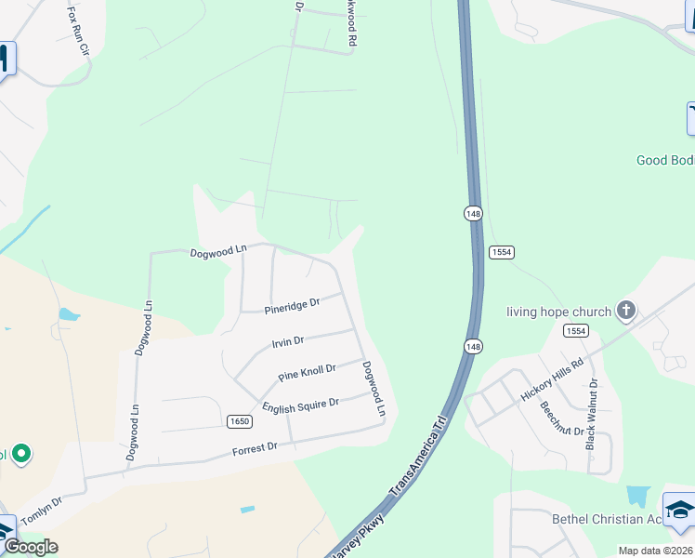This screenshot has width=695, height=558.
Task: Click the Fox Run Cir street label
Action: [78, 33]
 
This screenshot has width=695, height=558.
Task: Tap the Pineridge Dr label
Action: [292, 304]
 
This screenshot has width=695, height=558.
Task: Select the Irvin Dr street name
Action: [287, 342]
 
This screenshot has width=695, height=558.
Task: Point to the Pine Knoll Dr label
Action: [307, 373]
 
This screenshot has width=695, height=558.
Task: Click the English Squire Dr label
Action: [300, 406]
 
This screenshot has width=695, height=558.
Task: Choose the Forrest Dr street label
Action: [255, 448]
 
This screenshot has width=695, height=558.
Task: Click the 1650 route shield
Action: [240, 421]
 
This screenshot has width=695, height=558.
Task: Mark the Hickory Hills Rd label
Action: [552, 379]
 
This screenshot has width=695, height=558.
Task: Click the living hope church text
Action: [558, 312]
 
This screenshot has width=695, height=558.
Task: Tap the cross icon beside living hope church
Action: [627, 310]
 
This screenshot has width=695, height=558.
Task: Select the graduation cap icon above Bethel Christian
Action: [679, 511]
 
